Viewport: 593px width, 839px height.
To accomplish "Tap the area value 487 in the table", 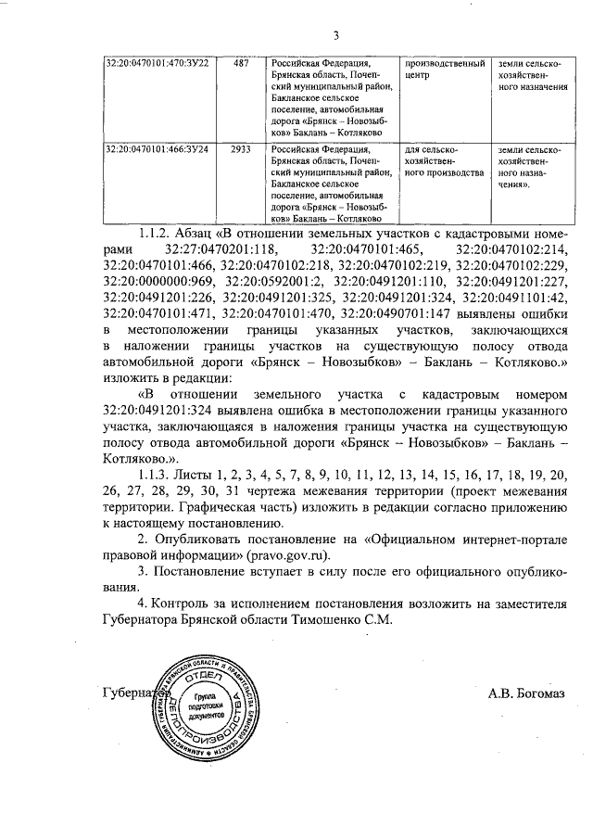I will [x=241, y=63].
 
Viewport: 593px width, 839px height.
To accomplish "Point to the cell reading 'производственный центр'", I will [x=444, y=69].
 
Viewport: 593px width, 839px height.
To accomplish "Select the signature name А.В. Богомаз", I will [x=525, y=692].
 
